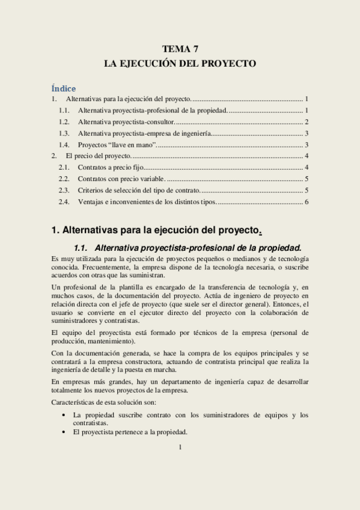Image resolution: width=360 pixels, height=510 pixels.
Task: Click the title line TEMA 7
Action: point(180,49)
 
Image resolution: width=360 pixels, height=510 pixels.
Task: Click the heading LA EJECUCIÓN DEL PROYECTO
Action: point(180,63)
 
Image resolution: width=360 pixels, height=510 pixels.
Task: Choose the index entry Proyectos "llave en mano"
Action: point(118,145)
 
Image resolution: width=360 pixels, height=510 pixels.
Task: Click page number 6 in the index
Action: point(306,201)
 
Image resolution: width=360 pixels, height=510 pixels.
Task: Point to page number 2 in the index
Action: point(306,122)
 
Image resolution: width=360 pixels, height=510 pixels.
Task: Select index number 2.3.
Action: point(64,190)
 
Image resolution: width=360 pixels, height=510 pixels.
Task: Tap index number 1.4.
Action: point(64,145)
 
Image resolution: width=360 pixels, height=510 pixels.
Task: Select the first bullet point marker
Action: point(64,415)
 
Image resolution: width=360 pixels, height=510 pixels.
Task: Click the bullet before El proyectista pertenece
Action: point(64,432)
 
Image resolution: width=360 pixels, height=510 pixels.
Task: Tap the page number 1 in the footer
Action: point(180,447)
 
